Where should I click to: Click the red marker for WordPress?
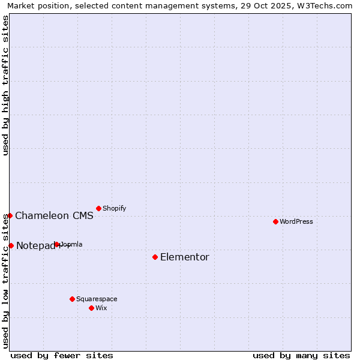point(275,221)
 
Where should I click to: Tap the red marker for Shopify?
point(98,208)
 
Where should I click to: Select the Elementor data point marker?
point(155,257)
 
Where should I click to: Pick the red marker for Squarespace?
point(72,299)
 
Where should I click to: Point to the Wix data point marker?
point(91,308)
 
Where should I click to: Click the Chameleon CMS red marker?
point(10,215)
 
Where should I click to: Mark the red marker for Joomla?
point(56,244)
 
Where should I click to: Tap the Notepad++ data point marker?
point(11,245)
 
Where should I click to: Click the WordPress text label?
point(296,221)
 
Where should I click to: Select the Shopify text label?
point(114,208)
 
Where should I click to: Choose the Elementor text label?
point(185,257)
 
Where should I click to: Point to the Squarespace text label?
point(97,299)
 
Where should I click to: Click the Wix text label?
point(101,308)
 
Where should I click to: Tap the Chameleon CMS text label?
point(54,216)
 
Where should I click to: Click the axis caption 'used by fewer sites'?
point(62,355)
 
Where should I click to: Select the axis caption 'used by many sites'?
point(301,355)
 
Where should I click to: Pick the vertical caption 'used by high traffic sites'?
point(5,85)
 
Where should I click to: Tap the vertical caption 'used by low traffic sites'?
point(5,281)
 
